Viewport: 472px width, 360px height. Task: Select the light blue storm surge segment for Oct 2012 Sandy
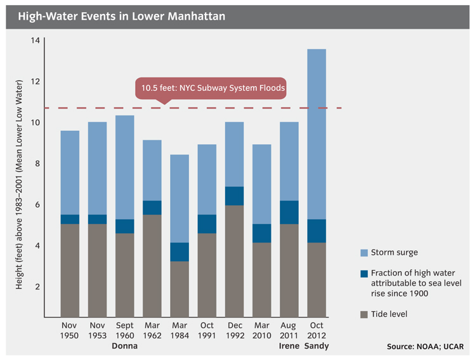pos(317,133)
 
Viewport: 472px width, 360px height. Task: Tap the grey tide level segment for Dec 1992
pos(234,261)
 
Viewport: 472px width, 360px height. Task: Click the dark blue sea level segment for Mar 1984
pos(180,251)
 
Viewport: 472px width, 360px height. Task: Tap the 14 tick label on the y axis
pos(35,41)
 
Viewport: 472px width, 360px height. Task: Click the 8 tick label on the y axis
pos(37,164)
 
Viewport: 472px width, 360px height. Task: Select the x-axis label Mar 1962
pos(152,330)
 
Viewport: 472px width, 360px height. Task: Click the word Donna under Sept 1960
pos(124,346)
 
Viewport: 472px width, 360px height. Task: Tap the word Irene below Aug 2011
pos(289,346)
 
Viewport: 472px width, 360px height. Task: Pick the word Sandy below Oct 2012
pos(317,346)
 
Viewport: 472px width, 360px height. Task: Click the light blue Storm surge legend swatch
pos(364,253)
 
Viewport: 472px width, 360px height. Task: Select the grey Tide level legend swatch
pos(364,314)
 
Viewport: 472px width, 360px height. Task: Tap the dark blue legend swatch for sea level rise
pos(364,274)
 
